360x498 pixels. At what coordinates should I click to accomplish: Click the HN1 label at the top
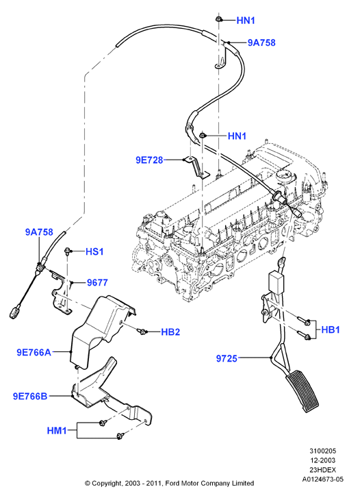click(x=246, y=21)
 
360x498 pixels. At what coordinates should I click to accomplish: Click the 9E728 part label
click(x=149, y=160)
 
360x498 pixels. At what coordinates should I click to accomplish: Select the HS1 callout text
click(x=94, y=252)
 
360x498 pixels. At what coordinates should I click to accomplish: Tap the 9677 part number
click(x=97, y=282)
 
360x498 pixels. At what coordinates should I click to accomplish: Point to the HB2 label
click(x=170, y=332)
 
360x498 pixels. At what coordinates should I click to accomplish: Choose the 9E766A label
click(x=34, y=352)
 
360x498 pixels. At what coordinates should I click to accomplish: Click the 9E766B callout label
click(x=30, y=397)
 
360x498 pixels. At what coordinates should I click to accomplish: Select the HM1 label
click(x=57, y=431)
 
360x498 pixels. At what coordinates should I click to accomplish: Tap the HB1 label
click(x=331, y=329)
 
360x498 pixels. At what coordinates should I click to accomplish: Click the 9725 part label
click(x=227, y=358)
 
